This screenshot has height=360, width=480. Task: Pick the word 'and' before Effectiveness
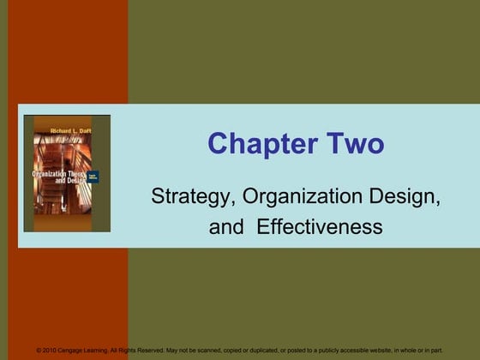point(225,227)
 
